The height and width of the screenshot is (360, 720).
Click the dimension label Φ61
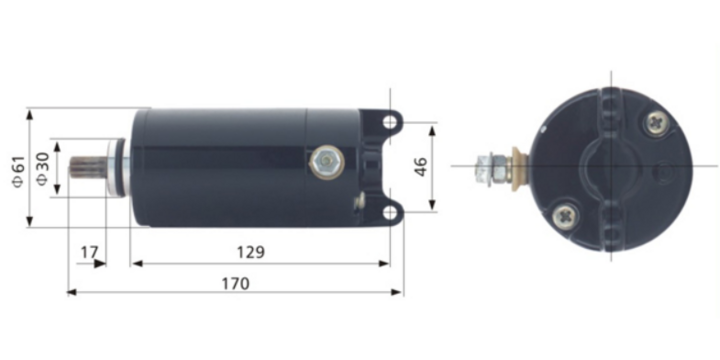pyautogui.click(x=17, y=171)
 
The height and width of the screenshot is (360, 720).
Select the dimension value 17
pyautogui.click(x=91, y=253)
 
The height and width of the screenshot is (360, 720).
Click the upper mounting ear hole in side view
pyautogui.click(x=390, y=120)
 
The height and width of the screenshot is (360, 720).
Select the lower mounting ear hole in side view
pyautogui.click(x=390, y=211)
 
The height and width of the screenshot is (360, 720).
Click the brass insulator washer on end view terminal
pyautogui.click(x=517, y=166)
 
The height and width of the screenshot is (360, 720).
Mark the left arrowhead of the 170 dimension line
pyautogui.click(x=70, y=292)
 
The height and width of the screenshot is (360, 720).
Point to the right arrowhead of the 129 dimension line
pyautogui.click(x=387, y=263)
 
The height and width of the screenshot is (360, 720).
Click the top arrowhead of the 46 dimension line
pyautogui.click(x=434, y=127)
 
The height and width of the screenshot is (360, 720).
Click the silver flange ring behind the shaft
pyautogui.click(x=123, y=166)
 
